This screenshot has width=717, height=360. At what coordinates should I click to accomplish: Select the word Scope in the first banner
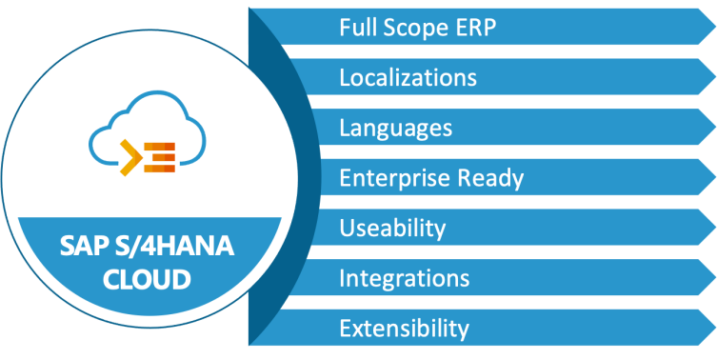coord(411,27)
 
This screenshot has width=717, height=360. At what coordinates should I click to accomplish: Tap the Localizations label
coord(408,77)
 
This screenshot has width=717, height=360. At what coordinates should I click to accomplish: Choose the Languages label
coord(395,128)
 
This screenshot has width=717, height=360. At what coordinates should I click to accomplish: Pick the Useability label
coord(392,229)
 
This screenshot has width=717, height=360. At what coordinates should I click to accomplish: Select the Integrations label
coord(404,279)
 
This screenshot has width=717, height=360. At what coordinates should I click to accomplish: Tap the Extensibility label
coord(404,330)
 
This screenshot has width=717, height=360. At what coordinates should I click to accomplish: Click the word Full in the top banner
coord(356,27)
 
